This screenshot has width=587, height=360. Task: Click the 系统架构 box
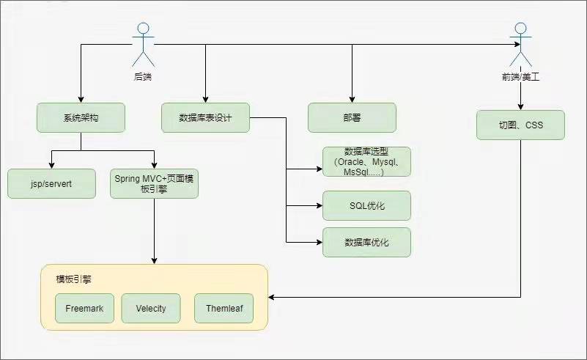tap(81, 117)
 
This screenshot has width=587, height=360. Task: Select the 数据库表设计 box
tap(205, 117)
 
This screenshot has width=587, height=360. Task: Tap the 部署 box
tap(352, 117)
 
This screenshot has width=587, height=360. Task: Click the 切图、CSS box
tap(520, 125)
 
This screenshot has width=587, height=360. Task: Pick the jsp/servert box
tap(51, 183)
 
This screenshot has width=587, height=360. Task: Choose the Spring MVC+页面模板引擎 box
tap(154, 183)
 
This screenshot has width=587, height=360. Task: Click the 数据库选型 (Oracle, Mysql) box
tap(366, 161)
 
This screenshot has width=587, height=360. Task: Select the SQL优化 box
tap(366, 205)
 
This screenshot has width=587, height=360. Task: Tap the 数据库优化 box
tap(366, 242)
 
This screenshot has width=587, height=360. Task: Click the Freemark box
tap(84, 308)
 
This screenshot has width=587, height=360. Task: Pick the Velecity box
tap(150, 308)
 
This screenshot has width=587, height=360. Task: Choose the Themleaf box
tap(224, 308)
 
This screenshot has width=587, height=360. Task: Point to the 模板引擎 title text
tap(74, 279)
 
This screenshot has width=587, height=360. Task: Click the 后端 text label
tap(143, 76)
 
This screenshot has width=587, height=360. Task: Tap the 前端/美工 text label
tap(520, 76)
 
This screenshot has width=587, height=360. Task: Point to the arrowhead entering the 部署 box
tap(352, 99)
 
